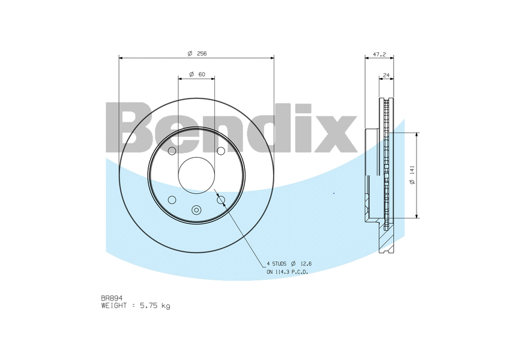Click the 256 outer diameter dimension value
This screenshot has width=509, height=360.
click(x=202, y=53)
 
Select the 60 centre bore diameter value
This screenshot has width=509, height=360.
click(x=202, y=74)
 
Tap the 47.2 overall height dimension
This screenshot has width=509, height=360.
click(x=379, y=55)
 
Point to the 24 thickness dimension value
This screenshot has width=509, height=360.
click(x=386, y=76)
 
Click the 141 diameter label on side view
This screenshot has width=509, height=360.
click(x=412, y=170)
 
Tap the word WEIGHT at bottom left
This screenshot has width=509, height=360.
click(x=113, y=305)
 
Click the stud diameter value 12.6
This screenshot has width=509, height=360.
click(x=306, y=263)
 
